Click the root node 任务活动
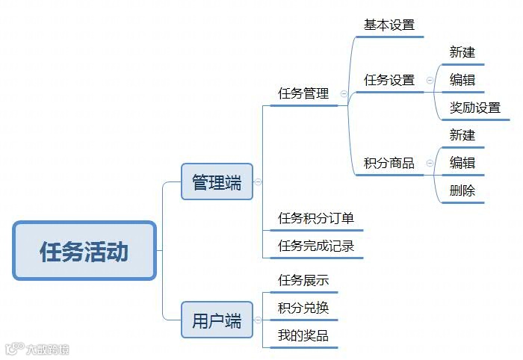[x=84, y=251]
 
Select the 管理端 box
[x=217, y=182]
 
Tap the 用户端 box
[x=217, y=321]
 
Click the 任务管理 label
[x=303, y=94]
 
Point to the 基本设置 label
[x=389, y=25]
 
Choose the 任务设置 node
[x=389, y=80]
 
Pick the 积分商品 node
[x=389, y=163]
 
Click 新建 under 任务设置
[x=462, y=52]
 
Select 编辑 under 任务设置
[x=462, y=80]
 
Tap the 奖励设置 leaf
[x=474, y=108]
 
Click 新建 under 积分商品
[x=462, y=135]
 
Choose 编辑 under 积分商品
[x=462, y=163]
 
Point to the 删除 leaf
[x=462, y=190]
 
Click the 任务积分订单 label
[x=316, y=218]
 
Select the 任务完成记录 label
[x=316, y=246]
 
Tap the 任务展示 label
[x=303, y=280]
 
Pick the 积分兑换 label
[x=303, y=308]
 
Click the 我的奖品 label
[x=303, y=335]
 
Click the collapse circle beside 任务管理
[x=344, y=94]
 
